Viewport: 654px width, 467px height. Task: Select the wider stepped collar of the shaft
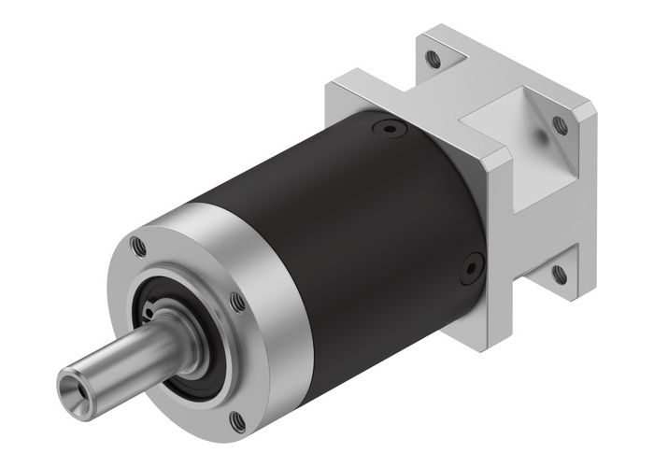click(x=178, y=337)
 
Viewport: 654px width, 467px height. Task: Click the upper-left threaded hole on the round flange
click(x=139, y=248)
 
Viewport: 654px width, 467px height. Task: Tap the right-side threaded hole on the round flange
click(x=238, y=301)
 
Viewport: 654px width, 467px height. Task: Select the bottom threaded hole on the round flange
click(x=237, y=422)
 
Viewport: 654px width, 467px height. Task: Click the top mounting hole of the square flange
click(x=433, y=58)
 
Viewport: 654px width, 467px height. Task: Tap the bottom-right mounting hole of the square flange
click(x=559, y=274)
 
